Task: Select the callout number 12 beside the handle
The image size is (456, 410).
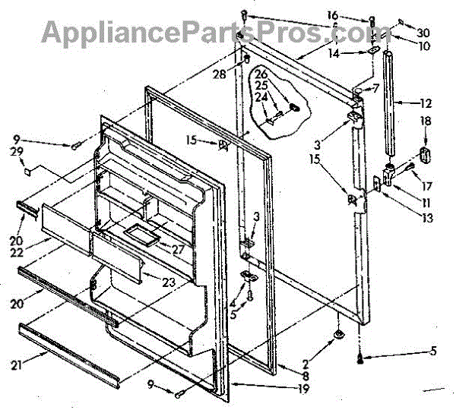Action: pyautogui.click(x=426, y=102)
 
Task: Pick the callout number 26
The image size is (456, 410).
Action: pyautogui.click(x=261, y=74)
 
